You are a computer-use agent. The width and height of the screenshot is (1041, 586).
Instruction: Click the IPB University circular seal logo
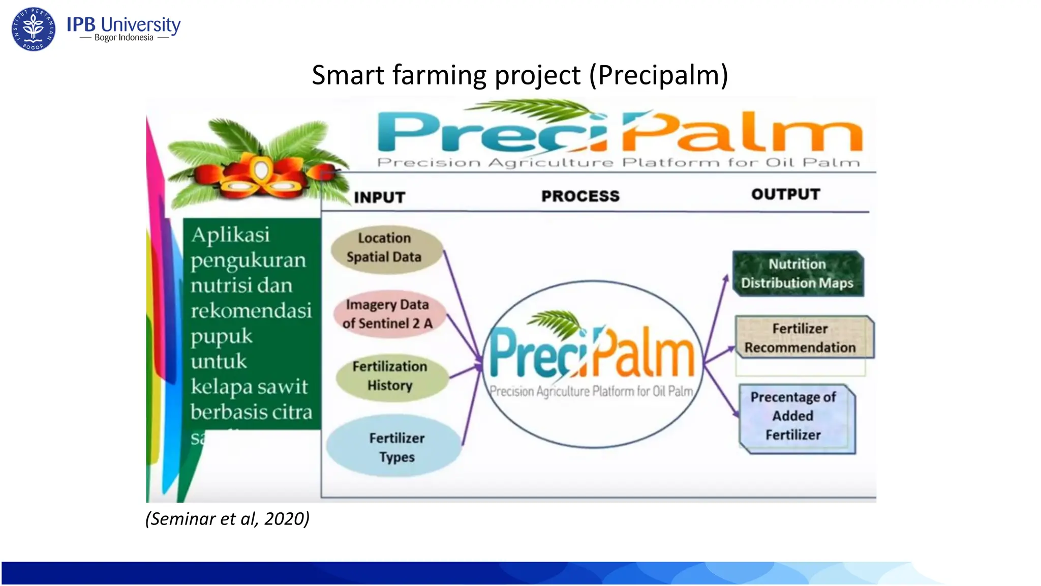click(34, 29)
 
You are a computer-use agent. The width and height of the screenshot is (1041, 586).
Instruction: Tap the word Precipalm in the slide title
click(659, 75)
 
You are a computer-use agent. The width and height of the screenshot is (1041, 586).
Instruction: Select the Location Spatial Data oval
click(385, 248)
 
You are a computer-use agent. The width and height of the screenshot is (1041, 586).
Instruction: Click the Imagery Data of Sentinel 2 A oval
click(388, 314)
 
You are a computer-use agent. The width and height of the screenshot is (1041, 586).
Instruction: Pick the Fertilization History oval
click(391, 376)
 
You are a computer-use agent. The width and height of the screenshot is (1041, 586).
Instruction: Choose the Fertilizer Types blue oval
click(395, 447)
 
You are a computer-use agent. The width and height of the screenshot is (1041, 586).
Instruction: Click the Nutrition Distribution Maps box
click(798, 274)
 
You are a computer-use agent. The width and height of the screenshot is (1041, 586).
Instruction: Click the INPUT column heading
click(379, 197)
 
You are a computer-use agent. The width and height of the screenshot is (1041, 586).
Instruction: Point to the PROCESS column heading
click(580, 196)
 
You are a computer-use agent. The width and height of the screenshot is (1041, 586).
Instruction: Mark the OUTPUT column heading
click(785, 194)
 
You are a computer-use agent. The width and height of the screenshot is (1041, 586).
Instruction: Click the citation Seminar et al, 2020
click(227, 519)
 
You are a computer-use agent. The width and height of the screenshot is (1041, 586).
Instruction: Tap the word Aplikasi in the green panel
click(230, 235)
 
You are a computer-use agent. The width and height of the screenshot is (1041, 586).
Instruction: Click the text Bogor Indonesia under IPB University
click(124, 38)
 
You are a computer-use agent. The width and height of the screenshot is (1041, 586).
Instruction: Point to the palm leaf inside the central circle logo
click(557, 324)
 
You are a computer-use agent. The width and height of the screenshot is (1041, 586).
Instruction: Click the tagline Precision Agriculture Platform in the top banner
click(618, 163)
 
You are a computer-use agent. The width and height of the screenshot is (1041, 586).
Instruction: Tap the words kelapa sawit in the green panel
click(249, 387)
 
